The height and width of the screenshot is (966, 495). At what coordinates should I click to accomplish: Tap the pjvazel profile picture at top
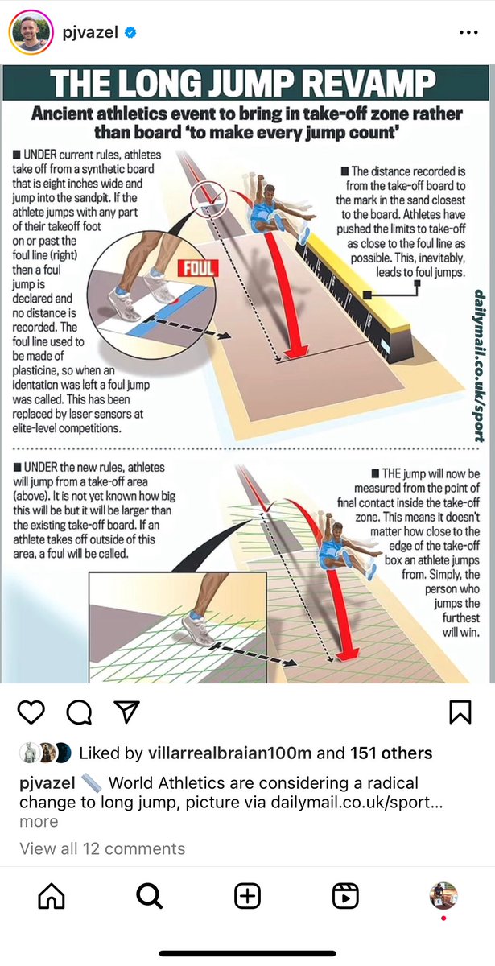pyautogui.click(x=31, y=32)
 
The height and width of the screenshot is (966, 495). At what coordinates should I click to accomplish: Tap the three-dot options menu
pyautogui.click(x=468, y=33)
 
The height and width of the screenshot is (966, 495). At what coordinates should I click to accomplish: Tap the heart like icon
pyautogui.click(x=31, y=711)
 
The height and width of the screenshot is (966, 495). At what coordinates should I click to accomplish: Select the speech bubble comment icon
pyautogui.click(x=79, y=711)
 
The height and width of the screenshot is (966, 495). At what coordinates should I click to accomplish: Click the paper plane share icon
pyautogui.click(x=127, y=711)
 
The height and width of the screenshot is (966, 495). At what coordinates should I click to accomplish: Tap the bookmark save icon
pyautogui.click(x=460, y=712)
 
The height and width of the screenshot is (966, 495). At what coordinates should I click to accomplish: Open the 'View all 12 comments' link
pyautogui.click(x=102, y=848)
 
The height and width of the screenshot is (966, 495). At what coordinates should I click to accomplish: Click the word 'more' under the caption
pyautogui.click(x=39, y=821)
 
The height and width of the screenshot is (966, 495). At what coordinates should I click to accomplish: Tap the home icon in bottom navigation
pyautogui.click(x=51, y=896)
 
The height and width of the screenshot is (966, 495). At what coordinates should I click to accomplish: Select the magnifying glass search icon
pyautogui.click(x=149, y=896)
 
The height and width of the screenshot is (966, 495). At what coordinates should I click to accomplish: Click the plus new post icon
pyautogui.click(x=247, y=896)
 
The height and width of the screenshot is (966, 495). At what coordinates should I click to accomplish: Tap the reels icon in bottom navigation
pyautogui.click(x=345, y=896)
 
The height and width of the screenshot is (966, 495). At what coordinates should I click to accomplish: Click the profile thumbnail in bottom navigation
pyautogui.click(x=443, y=895)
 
